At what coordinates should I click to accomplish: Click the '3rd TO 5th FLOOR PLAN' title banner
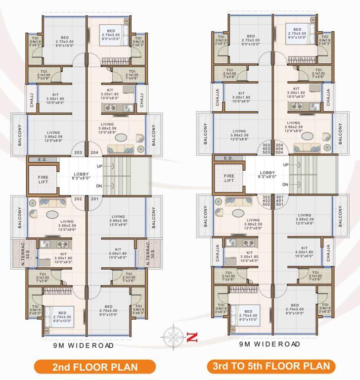coord(271,367)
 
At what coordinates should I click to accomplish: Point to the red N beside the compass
coord(192,338)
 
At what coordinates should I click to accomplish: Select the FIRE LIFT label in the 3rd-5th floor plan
coord(228,178)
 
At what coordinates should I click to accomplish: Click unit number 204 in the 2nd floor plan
coord(94,153)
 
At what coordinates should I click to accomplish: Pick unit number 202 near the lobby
coord(78,199)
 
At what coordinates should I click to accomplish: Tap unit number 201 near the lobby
coord(94,199)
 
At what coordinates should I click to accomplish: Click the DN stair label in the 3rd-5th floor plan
coord(286,185)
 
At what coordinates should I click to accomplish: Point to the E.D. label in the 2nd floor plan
coord(42,159)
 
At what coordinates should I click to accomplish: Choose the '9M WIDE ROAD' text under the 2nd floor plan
coord(83,345)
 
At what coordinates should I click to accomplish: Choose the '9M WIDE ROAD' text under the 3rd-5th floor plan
coord(270,344)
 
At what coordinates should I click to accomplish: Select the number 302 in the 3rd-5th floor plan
coord(266,196)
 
